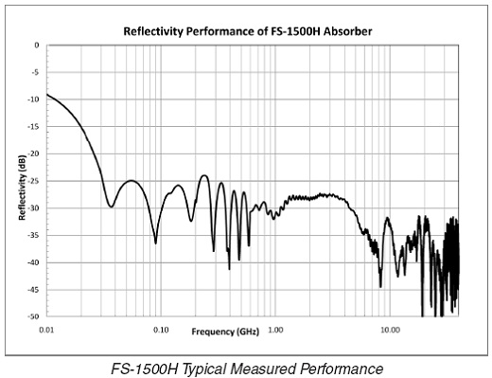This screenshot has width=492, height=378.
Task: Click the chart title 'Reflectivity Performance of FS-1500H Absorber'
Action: pyautogui.click(x=249, y=31)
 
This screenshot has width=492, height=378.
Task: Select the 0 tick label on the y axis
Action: pyautogui.click(x=36, y=45)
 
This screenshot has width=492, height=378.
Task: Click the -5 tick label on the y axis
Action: pyautogui.click(x=34, y=72)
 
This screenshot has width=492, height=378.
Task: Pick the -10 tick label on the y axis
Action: pyautogui.click(x=33, y=99)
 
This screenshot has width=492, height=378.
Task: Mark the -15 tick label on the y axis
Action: pyautogui.click(x=33, y=127)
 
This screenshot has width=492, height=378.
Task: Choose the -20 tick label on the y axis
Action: pyautogui.click(x=33, y=153)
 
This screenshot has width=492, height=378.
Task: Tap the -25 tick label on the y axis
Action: pyautogui.click(x=33, y=181)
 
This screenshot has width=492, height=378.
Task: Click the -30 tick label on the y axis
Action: pyautogui.click(x=33, y=208)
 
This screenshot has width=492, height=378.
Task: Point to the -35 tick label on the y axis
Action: pyautogui.click(x=33, y=235)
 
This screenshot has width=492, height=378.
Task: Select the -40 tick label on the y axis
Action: pyautogui.click(x=33, y=262)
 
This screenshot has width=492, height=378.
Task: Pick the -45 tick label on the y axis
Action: pyautogui.click(x=33, y=290)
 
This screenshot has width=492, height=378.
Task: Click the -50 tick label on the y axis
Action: pyautogui.click(x=33, y=316)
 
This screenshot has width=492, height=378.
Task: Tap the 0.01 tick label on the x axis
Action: pyautogui.click(x=46, y=329)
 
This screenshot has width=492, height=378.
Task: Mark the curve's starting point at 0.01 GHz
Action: pyautogui.click(x=46, y=95)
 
